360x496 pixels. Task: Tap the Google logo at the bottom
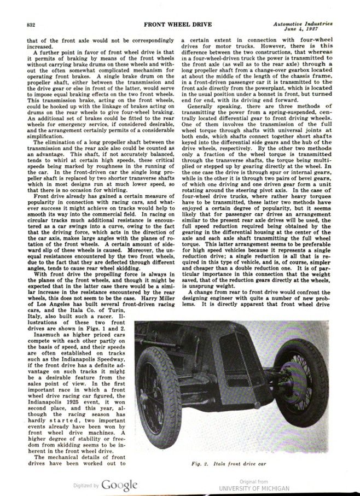pyautogui.click(x=119, y=484)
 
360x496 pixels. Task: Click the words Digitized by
pyautogui.click(x=86, y=485)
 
